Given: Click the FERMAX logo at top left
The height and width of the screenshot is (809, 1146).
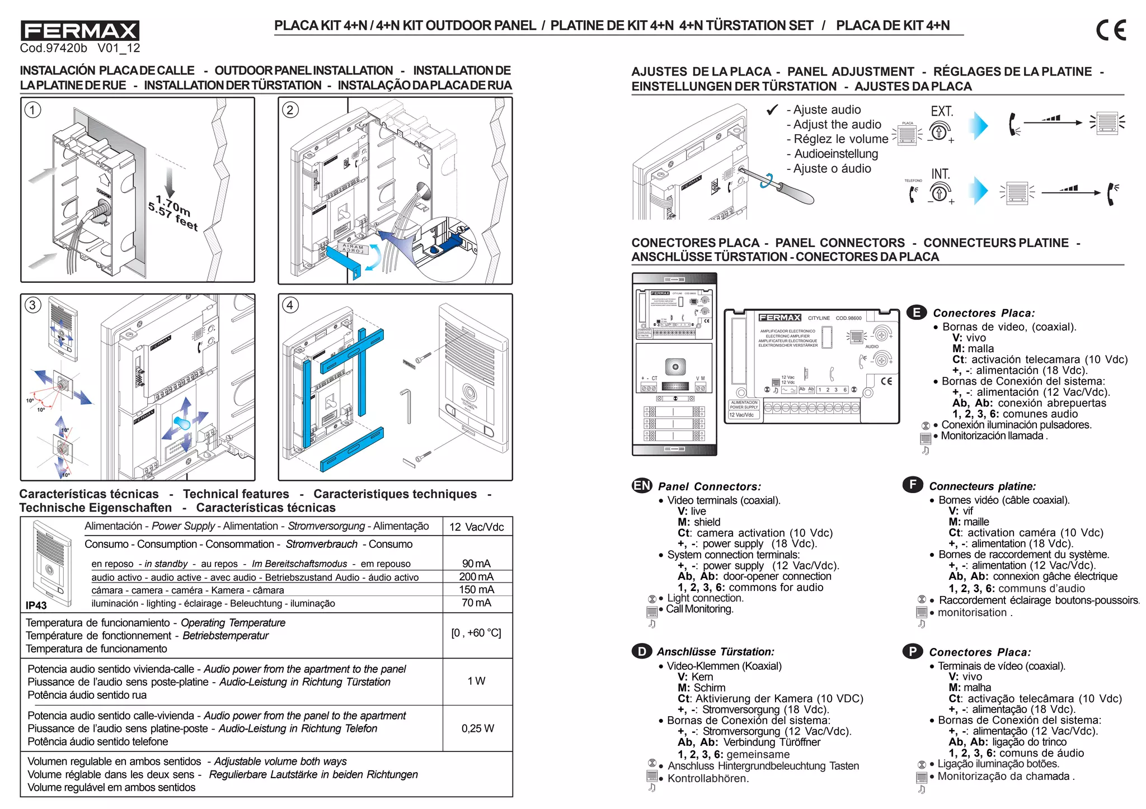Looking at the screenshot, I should (x=79, y=30).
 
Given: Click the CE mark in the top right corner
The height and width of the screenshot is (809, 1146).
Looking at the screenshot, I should (x=1111, y=30).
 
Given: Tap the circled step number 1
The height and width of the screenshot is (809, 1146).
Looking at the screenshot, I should (x=33, y=110).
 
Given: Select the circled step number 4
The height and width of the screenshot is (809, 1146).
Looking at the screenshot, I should (x=290, y=305).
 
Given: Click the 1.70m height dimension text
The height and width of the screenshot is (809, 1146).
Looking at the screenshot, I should (x=173, y=205).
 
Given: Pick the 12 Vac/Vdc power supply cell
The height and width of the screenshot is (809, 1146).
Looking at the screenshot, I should (x=476, y=527).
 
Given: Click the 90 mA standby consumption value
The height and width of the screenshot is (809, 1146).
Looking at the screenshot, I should (x=476, y=564).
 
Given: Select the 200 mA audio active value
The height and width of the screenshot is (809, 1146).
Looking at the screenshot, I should (x=476, y=576).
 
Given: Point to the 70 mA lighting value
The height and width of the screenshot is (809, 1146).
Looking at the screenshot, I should (x=476, y=603).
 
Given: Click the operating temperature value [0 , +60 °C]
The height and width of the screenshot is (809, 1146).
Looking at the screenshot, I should (x=476, y=633).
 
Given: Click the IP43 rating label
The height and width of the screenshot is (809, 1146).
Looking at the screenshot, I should (x=36, y=605).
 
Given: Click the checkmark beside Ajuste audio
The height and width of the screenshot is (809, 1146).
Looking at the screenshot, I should (x=772, y=110).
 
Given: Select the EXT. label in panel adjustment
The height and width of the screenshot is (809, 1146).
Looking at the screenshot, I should (x=942, y=112).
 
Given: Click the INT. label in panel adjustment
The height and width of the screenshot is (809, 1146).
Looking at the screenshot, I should (x=941, y=174).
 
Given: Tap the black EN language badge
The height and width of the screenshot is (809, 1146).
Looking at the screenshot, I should (x=642, y=485).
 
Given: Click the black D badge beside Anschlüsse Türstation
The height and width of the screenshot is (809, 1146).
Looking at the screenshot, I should (x=641, y=651).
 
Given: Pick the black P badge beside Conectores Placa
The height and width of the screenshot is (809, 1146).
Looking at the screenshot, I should (x=912, y=651).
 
